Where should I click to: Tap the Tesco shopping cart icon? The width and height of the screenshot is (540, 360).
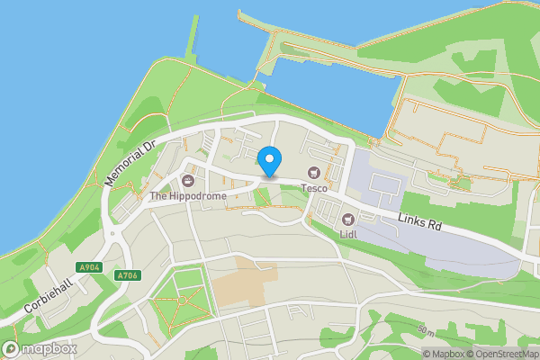point(314,172)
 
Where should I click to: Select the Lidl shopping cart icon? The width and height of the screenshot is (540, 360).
point(347,219)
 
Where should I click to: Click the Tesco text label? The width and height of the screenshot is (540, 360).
point(313,188)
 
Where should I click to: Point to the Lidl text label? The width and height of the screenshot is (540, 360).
point(347,235)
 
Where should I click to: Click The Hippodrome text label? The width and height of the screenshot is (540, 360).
point(187,196)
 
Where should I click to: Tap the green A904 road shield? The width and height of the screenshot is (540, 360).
point(89,267)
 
